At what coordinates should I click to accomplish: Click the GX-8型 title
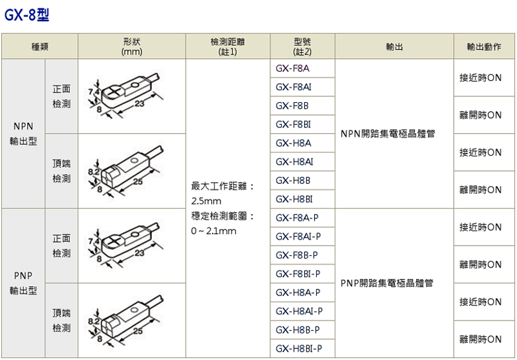(26, 14)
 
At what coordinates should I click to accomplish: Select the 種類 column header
(40, 47)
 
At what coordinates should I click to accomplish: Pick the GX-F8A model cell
(293, 69)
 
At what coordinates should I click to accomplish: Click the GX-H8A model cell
(293, 143)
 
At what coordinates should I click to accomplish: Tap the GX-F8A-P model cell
(297, 218)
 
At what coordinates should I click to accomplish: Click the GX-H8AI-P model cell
(299, 311)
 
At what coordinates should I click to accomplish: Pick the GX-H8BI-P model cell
(299, 348)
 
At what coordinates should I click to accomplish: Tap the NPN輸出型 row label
(23, 134)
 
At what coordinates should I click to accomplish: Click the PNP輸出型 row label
(23, 283)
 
